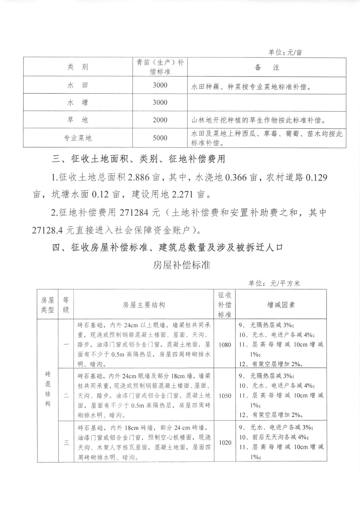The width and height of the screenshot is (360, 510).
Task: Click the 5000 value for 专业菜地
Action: pos(160,138)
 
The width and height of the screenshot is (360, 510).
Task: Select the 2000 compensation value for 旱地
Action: pos(160,120)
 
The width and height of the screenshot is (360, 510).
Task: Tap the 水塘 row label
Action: pos(77,102)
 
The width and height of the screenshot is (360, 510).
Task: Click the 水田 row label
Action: pos(77,85)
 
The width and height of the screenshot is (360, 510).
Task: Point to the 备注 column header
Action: pos(267,67)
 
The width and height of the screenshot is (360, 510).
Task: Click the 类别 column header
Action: pos(77,67)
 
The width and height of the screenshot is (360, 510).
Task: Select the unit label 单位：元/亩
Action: pos(285,52)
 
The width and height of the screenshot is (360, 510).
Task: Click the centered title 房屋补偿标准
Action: pos(181,265)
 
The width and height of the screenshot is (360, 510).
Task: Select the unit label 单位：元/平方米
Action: pos(274,283)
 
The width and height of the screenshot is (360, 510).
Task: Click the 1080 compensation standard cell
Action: pos(225,345)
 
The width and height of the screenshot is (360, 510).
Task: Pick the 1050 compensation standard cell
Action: pos(225,396)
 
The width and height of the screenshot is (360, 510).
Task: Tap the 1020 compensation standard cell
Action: pos(225,442)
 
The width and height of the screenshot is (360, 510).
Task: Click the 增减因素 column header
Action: pos(281,305)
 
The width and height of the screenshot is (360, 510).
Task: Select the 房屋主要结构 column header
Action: pos(143,305)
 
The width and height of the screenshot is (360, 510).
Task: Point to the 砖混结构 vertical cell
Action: pos(47,389)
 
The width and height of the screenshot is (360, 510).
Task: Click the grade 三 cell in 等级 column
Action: pos(66,442)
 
